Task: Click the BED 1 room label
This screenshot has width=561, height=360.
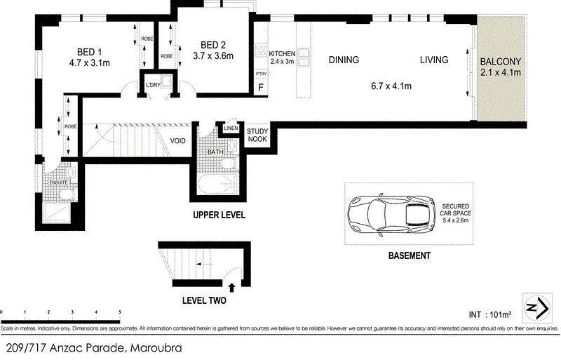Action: point(90,51)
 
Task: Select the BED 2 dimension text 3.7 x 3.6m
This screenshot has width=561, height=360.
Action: point(213,56)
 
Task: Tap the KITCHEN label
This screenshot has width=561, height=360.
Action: point(281,53)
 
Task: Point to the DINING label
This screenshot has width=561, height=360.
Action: point(344,60)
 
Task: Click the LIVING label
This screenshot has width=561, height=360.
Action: point(433,60)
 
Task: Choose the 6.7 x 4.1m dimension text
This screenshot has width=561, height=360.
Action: point(391,86)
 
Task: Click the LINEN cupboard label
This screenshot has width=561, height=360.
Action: point(231,128)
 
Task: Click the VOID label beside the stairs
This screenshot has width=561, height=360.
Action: point(178,141)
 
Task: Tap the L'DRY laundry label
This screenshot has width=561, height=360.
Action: point(153,86)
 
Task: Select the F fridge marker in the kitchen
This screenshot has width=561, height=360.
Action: point(261,87)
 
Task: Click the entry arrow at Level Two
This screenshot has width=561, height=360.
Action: point(232,286)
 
